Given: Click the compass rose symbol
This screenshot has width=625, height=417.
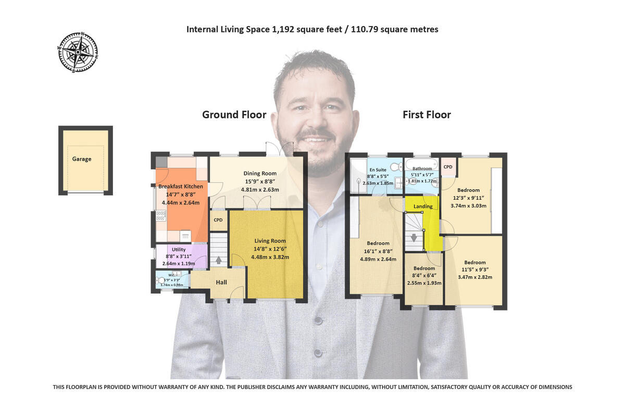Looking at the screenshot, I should click(78, 52).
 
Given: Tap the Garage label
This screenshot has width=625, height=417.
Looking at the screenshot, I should click(82, 159).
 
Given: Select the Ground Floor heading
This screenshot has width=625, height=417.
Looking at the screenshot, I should click(234, 115).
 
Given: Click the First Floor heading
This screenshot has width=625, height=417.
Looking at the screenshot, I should click(427, 115).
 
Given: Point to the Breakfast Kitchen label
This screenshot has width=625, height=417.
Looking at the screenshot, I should click(180, 187).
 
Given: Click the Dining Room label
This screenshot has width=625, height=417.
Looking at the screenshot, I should click(260, 174).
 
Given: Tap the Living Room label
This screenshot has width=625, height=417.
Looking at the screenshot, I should click(270, 241).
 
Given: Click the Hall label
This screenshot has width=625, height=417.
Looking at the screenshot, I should click(221, 283).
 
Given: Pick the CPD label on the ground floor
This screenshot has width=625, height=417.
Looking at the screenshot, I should click(218, 220).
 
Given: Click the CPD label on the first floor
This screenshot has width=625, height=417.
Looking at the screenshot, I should click(448, 167).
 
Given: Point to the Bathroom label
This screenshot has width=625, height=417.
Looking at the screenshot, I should click(422, 169).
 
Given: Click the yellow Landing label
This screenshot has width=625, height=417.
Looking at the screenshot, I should click(423, 206).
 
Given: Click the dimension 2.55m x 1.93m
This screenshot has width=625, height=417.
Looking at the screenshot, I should click(424, 283).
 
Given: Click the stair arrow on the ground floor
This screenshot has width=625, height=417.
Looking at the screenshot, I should click(218, 260).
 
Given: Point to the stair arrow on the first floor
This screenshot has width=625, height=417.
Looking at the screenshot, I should click(414, 238).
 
